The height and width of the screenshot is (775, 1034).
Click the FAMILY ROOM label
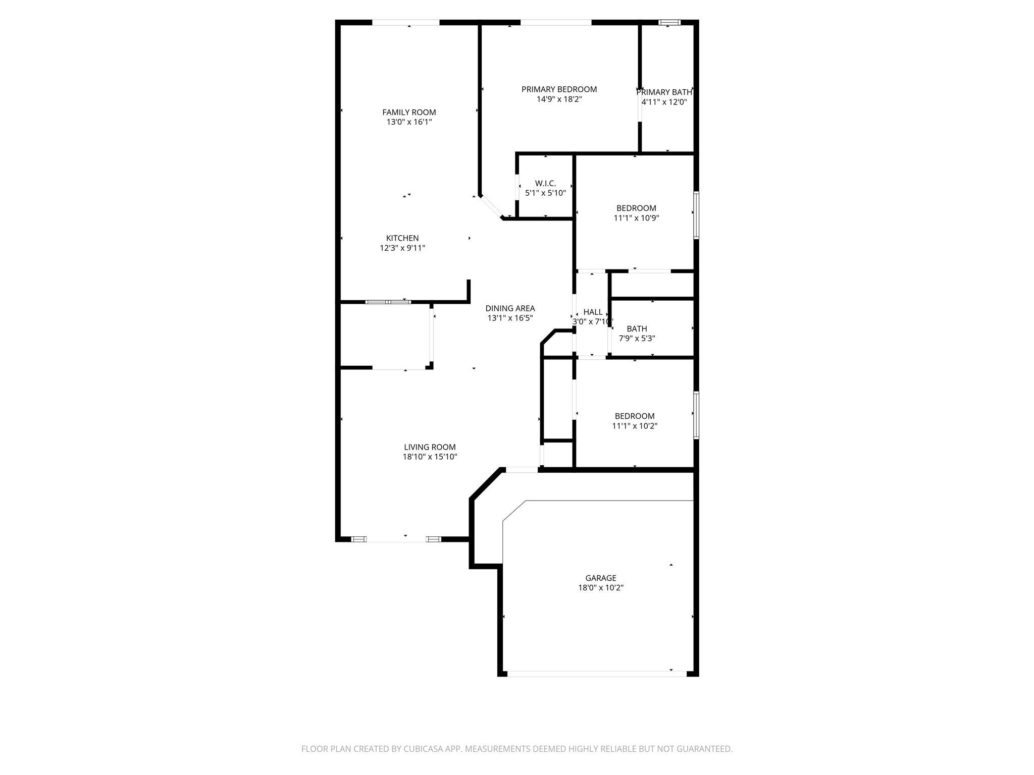pos(409,112)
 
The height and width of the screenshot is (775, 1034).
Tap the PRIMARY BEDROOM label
pos(559,89)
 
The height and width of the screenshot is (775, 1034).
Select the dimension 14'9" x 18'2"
pos(559,99)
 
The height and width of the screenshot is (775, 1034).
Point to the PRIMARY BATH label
pos(664,92)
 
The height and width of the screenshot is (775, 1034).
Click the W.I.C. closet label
pos(545,183)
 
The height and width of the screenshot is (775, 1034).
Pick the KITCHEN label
pos(402,238)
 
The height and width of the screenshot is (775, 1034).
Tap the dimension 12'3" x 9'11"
pos(402,248)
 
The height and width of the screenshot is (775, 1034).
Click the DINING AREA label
pos(510,308)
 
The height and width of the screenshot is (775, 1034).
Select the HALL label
pos(593,312)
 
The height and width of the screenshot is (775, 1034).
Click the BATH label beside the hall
pos(637,328)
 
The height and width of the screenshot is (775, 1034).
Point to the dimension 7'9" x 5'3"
pos(637,339)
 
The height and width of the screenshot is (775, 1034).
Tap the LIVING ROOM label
pos(430,447)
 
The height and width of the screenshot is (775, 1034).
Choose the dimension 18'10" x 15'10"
pos(430,457)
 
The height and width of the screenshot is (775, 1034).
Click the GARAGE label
pos(601,578)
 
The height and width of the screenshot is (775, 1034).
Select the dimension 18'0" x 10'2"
pos(601,588)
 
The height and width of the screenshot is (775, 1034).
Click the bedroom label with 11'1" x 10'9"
pos(636,208)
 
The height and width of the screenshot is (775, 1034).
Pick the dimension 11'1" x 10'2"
pos(635,426)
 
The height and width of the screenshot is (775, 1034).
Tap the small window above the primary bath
pos(669,22)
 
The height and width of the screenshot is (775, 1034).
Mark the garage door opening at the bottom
pos(597,673)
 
